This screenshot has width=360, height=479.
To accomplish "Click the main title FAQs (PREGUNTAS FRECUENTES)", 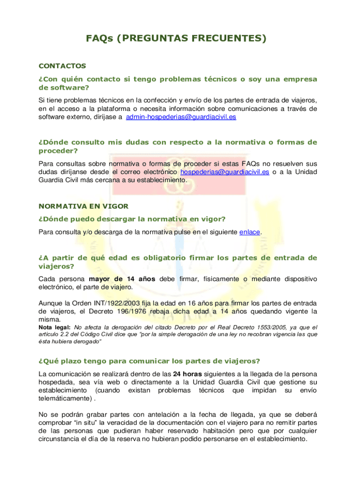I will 176,38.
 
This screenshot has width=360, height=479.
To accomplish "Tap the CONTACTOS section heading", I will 62,66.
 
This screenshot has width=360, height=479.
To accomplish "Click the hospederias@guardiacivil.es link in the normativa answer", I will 224,172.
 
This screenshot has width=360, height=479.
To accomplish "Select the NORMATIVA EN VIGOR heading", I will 83,206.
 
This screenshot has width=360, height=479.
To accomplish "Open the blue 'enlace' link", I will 250,232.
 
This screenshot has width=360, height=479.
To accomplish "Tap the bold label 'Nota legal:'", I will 54,327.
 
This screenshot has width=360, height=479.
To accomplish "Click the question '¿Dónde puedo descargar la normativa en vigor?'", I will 132,219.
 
